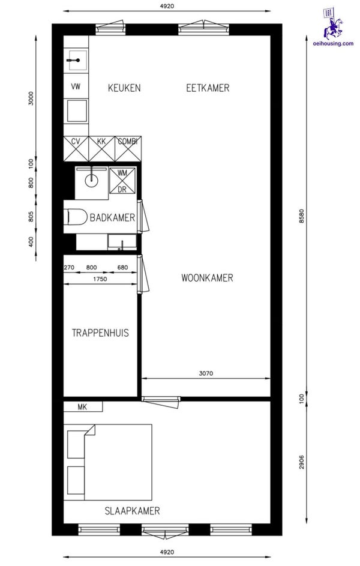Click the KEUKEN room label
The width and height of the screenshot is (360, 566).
pos(124,88)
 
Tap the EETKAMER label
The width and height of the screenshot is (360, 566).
pos(208,88)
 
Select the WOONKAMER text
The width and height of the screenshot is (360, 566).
pos(207,277)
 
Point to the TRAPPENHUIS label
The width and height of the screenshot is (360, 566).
pos(100,333)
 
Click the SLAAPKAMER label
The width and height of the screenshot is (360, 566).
pos(133,511)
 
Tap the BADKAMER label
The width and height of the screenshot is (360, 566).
pos(112,218)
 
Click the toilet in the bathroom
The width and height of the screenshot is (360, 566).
pos(76,217)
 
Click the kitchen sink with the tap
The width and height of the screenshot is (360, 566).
pos(76,60)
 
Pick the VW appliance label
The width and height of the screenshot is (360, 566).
pos(76,86)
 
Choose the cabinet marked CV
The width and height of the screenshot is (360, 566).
pos(76,149)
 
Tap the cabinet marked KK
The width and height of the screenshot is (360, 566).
pos(101,149)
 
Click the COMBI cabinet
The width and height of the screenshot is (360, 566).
pos(128,149)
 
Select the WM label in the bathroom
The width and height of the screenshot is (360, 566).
pos(122,173)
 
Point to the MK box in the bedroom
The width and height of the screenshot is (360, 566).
pos(83,406)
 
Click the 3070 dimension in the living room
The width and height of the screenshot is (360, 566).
pos(206,373)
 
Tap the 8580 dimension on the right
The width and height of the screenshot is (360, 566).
pos(302,216)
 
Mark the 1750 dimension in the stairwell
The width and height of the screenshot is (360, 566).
pos(100,278)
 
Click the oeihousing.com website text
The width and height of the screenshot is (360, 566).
pos(334,43)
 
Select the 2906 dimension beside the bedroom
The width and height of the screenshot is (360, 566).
pos(302,462)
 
